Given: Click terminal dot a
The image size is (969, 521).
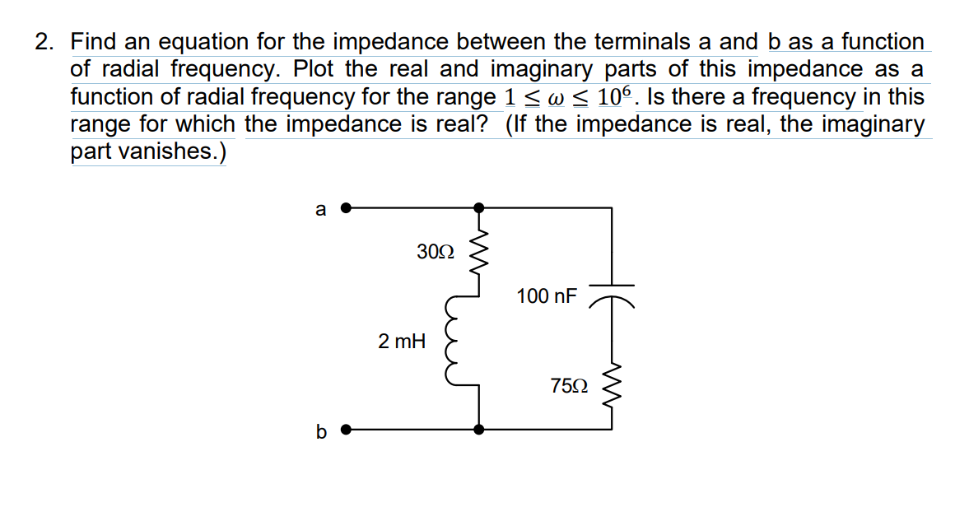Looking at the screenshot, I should tap(347, 208).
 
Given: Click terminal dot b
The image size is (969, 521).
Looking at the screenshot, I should tap(347, 429).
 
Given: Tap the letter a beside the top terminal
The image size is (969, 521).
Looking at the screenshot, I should tap(321, 209).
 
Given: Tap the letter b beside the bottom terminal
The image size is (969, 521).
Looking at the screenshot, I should tap(321, 430).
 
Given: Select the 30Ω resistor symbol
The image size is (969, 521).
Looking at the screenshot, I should tap(479, 250).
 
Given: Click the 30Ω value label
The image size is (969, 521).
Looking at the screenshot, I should tap(435, 252).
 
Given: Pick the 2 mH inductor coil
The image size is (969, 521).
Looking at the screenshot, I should tap(454, 342).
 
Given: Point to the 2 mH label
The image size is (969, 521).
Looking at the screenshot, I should tap(402, 341).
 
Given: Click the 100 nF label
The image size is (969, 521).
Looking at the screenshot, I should tap(547, 295).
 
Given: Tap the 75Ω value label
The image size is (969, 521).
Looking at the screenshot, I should tap(569, 385).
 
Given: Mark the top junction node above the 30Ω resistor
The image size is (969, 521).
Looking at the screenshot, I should tap(479, 208).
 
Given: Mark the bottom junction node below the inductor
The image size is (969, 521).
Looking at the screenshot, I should tap(479, 429).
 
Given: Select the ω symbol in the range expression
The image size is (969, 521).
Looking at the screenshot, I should tap(556, 98).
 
